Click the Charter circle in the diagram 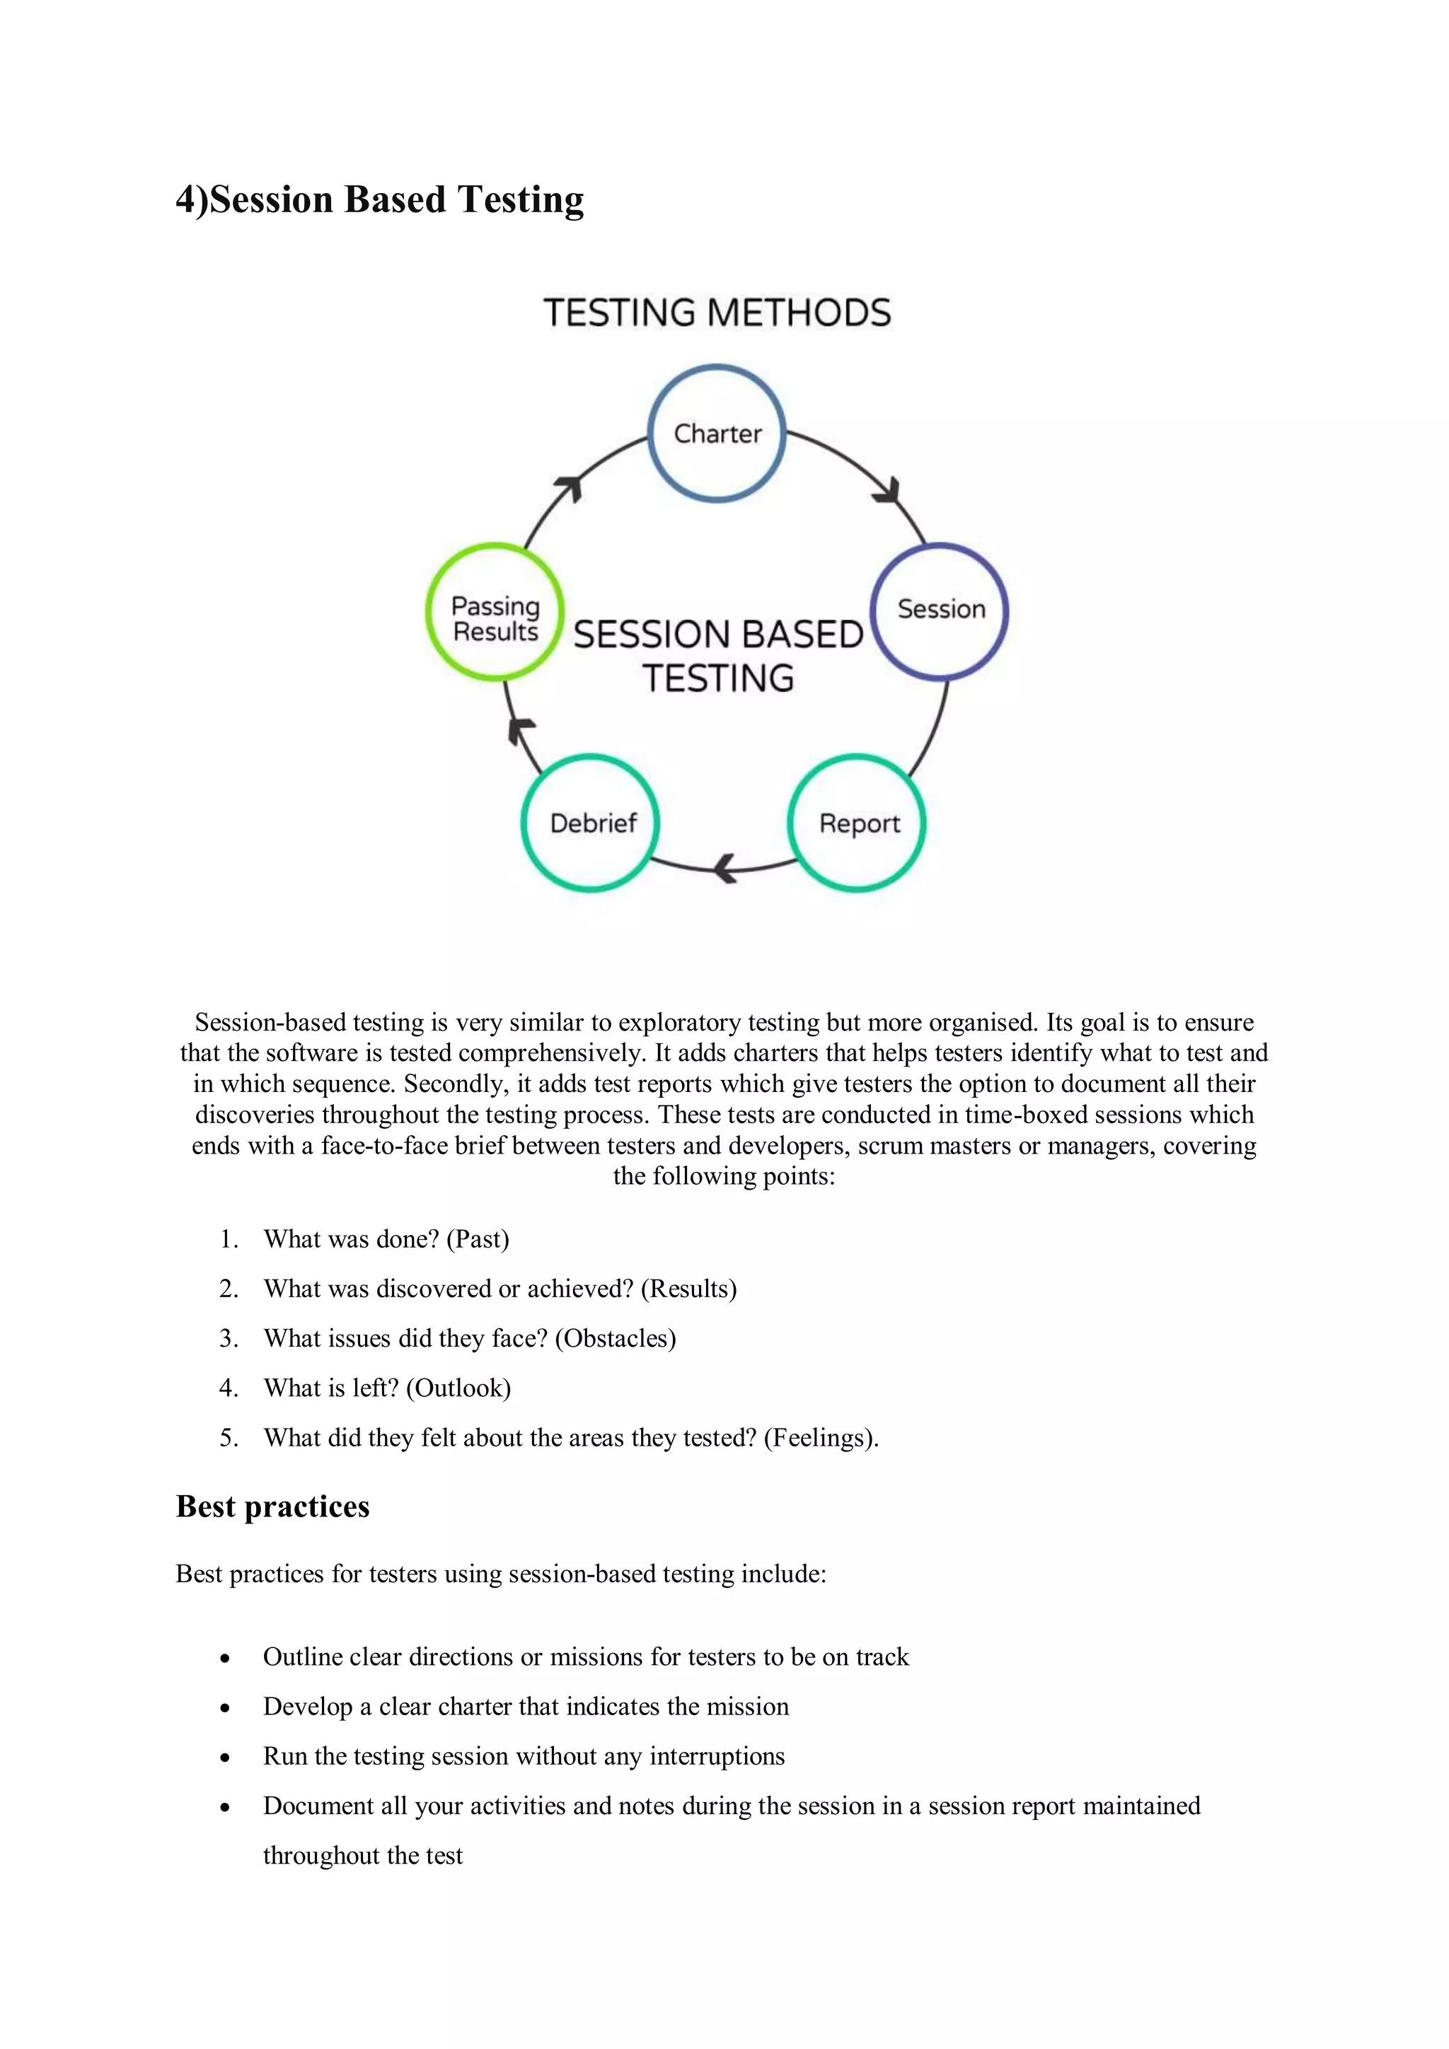pyautogui.click(x=717, y=434)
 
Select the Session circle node pyautogui.click(x=940, y=610)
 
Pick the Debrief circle pyautogui.click(x=591, y=823)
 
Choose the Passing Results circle pyautogui.click(x=495, y=613)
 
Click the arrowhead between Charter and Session pyautogui.click(x=889, y=490)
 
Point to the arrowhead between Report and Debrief pyautogui.click(x=727, y=866)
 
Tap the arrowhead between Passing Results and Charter pyautogui.click(x=569, y=488)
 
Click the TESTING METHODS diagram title pyautogui.click(x=717, y=313)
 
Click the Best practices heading pyautogui.click(x=272, y=1507)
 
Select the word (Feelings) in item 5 pyautogui.click(x=819, y=1438)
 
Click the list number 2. pyautogui.click(x=228, y=1289)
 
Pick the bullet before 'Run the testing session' pyautogui.click(x=225, y=1757)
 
